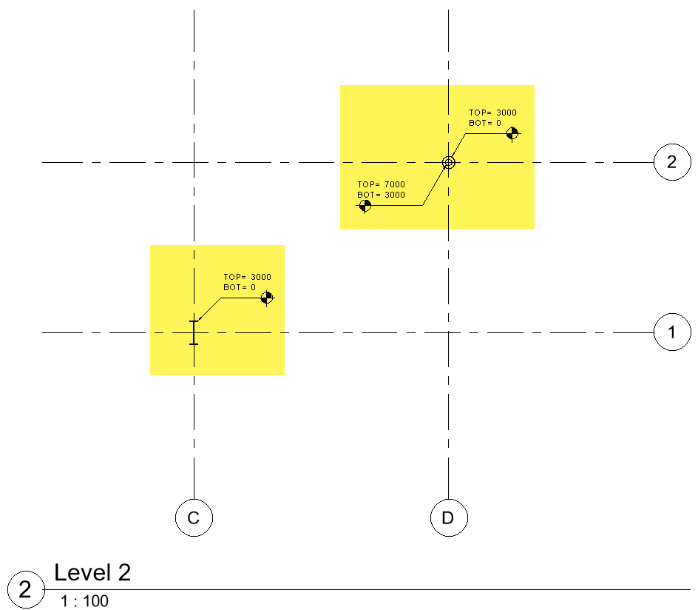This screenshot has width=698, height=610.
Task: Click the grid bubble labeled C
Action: point(194,517)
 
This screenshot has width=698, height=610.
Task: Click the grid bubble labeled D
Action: point(448,517)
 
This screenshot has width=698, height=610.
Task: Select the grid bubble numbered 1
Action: point(671,332)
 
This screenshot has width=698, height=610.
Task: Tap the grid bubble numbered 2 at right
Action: point(671,162)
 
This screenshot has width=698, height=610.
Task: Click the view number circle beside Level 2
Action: point(25,590)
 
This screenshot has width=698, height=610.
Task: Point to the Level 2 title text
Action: point(92,572)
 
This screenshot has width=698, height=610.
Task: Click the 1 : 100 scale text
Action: point(84,601)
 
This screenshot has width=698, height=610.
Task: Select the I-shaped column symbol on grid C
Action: point(194,332)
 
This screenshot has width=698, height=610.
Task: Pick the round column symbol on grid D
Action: point(448,162)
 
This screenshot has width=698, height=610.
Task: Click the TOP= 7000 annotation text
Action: point(382,184)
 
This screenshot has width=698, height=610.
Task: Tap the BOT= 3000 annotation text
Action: point(382,195)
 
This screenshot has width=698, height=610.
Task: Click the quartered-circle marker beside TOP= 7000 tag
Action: point(365,206)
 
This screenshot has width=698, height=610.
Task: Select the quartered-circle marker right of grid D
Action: point(512,133)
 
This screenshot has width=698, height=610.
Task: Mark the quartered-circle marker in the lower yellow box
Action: point(267,298)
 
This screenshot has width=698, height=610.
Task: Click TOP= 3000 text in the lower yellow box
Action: point(248,277)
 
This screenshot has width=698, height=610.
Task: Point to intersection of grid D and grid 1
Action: point(448,332)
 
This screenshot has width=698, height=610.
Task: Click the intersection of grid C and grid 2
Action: point(194,162)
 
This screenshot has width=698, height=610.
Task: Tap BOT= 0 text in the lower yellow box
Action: point(240,287)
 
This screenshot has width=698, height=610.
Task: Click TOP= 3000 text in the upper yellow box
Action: point(493,113)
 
